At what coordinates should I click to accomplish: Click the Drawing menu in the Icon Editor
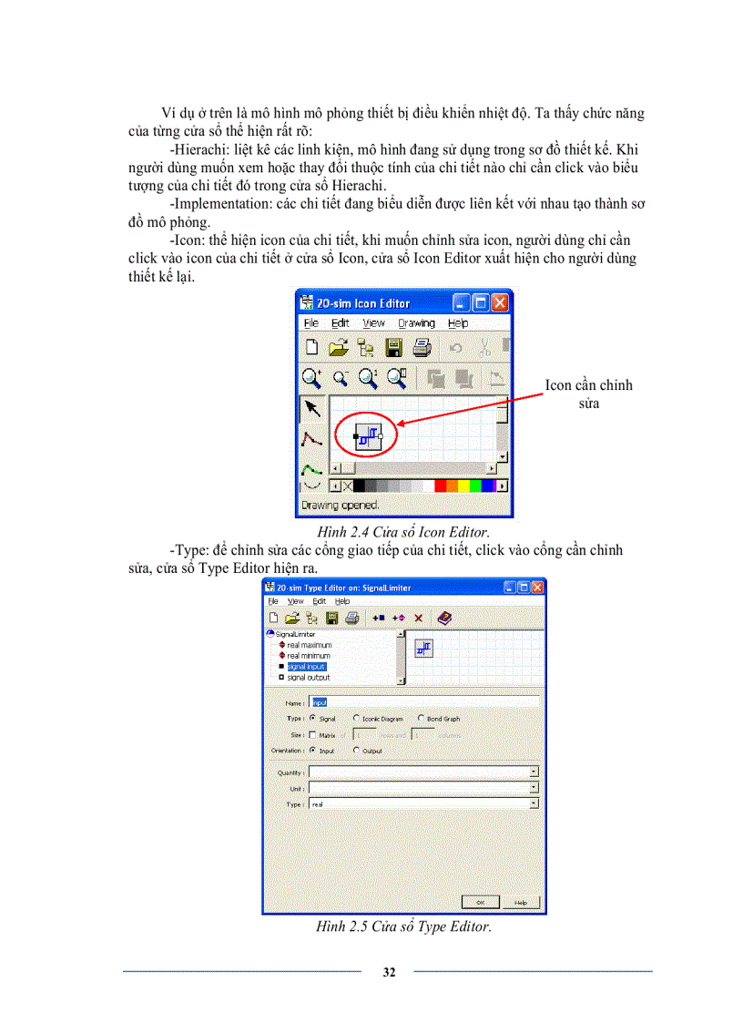[x=416, y=323]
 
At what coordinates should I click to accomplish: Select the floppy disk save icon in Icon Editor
[x=393, y=347]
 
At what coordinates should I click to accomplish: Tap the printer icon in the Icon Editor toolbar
[x=422, y=347]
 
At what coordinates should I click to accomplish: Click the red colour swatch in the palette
[x=441, y=486]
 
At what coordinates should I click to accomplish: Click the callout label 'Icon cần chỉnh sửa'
[x=588, y=394]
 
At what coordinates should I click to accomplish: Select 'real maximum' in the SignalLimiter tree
[x=309, y=645]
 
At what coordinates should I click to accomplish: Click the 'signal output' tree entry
[x=308, y=678]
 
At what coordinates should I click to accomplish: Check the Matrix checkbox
[x=313, y=734]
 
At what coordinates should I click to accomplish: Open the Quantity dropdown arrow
[x=534, y=772]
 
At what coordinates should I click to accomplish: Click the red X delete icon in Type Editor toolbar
[x=419, y=618]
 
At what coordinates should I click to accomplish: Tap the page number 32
[x=389, y=972]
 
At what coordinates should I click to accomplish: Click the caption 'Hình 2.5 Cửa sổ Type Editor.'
[x=403, y=927]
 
